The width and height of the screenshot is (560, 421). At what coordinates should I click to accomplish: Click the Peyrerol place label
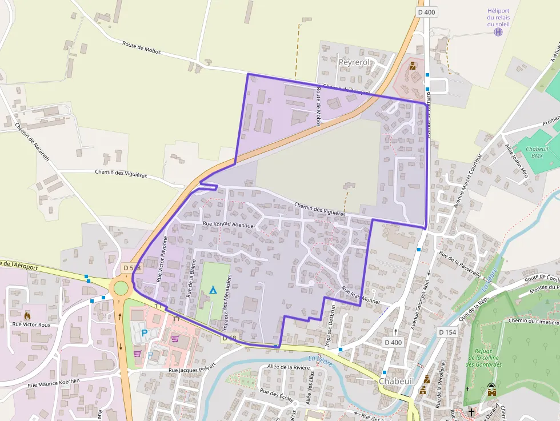coord(354,62)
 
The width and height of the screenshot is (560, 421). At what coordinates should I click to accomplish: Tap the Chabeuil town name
coord(397,381)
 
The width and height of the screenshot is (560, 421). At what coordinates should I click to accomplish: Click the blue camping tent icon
coord(213,290)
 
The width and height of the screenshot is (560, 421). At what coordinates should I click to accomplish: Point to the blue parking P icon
coord(145,333)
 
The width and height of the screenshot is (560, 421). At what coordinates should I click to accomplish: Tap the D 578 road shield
coord(131,268)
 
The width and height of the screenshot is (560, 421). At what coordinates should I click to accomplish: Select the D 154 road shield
coord(449,332)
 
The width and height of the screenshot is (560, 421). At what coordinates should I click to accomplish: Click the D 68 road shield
coord(229,338)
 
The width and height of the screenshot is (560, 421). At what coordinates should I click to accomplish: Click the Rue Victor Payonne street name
coord(162,258)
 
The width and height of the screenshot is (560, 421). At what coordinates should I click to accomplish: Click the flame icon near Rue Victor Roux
coord(27,315)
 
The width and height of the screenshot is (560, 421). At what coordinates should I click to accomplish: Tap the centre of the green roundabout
coord(122,287)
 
